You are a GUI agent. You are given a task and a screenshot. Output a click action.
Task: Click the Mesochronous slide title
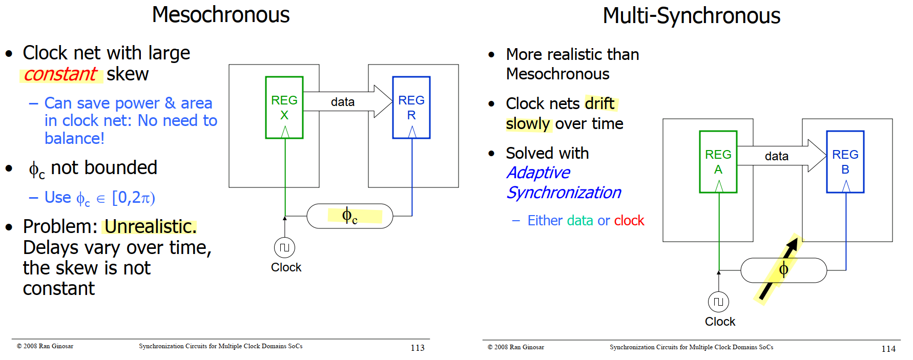click(221, 15)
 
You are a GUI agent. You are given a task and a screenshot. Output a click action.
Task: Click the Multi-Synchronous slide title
click(691, 16)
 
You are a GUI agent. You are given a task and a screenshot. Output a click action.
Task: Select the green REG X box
click(284, 108)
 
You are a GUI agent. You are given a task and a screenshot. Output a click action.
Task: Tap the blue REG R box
click(411, 108)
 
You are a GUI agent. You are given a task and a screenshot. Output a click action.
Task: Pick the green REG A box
click(718, 162)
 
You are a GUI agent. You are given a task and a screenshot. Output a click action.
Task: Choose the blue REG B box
click(845, 162)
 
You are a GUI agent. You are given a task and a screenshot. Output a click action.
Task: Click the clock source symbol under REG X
click(284, 248)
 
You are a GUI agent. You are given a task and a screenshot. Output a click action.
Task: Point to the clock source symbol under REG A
click(718, 302)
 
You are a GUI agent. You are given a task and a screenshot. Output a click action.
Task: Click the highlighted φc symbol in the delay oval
click(350, 216)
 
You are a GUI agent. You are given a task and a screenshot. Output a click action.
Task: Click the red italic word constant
click(60, 75)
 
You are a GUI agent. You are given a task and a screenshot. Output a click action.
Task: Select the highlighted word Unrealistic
click(150, 226)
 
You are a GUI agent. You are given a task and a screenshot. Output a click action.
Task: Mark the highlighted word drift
click(599, 103)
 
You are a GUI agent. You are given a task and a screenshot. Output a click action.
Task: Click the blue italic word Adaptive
click(538, 173)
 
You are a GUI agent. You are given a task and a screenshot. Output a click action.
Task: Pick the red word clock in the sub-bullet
click(629, 221)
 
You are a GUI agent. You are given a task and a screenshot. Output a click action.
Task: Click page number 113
click(418, 348)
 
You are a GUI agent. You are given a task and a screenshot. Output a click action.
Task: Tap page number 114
click(888, 349)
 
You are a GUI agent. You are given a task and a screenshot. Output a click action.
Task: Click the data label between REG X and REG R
click(343, 102)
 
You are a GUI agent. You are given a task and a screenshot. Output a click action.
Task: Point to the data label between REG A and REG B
click(777, 156)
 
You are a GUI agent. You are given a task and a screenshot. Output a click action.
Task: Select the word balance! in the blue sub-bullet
click(74, 139)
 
